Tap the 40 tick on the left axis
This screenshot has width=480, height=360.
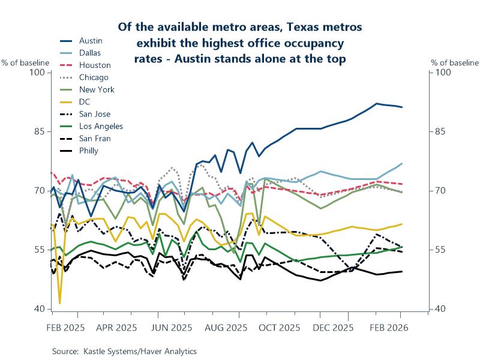40,309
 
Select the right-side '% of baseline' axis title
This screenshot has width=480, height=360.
455,62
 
